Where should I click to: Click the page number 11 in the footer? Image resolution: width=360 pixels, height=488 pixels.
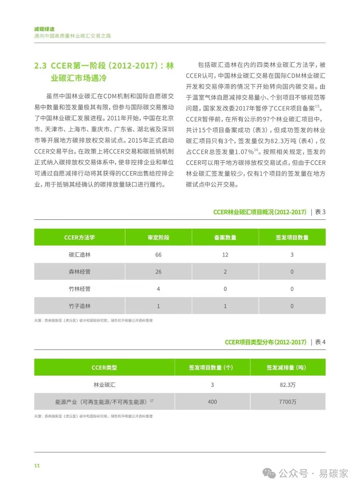coord(37,466)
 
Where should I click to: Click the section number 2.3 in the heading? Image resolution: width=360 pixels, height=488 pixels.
coord(40,66)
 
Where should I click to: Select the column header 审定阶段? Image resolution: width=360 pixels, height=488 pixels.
coord(158,238)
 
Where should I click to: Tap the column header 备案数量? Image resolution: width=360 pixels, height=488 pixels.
coord(225,238)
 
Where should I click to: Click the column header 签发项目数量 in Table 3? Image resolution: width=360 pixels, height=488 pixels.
coord(292,238)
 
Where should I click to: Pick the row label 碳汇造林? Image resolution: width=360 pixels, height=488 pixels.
coord(80,255)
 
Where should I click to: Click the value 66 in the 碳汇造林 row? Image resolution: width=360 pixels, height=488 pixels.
coord(158,255)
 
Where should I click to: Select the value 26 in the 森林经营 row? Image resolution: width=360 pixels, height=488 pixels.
coord(158,272)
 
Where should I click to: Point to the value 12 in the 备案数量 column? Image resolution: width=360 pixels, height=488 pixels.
coord(225,255)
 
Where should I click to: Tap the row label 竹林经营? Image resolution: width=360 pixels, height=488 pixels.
coord(80,289)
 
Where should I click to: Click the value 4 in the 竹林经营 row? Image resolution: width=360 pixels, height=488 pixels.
coord(158,289)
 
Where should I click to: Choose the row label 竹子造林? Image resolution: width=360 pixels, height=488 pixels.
coord(80,306)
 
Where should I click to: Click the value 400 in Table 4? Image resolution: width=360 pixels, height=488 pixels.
coord(212,402)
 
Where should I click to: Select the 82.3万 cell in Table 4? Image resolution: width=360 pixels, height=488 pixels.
coord(288,385)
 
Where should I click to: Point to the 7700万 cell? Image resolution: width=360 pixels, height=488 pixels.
coord(288,402)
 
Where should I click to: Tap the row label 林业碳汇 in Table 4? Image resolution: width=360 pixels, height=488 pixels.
coord(104,385)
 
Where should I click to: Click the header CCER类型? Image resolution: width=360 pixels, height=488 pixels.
coord(104,367)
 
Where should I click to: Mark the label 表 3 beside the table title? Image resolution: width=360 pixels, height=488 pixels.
coord(320,212)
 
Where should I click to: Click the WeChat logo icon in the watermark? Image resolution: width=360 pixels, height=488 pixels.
coord(269,473)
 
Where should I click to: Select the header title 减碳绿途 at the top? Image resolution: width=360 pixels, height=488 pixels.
coord(44,29)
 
